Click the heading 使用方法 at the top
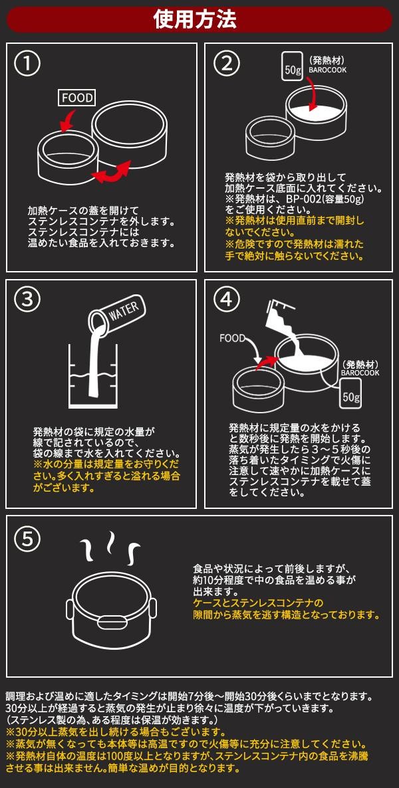coord(195,20)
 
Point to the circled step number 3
coord(27,300)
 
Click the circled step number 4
coord(226,300)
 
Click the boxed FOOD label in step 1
coord(78,98)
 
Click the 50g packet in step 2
coord(293,65)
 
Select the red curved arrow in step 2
coord(313,93)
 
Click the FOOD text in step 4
coord(231,338)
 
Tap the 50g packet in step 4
coord(351,393)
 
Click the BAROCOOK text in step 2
coord(327,70)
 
